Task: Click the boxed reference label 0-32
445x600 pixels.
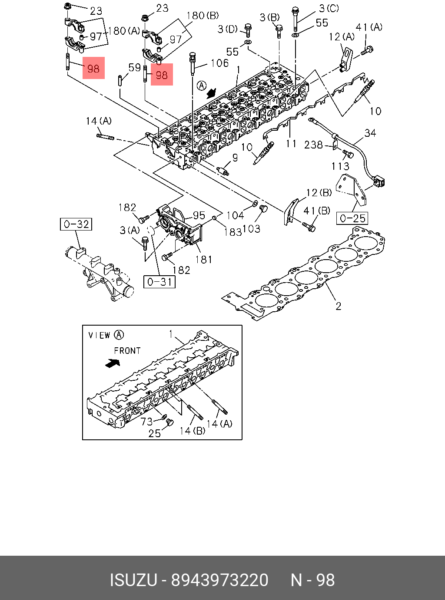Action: click(x=76, y=224)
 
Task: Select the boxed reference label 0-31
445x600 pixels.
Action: click(x=159, y=282)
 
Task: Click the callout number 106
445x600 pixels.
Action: click(x=219, y=63)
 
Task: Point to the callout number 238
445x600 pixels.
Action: click(x=313, y=145)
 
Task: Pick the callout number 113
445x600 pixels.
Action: click(x=340, y=166)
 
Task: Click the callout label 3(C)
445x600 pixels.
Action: click(x=329, y=8)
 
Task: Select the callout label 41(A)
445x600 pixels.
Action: click(x=369, y=27)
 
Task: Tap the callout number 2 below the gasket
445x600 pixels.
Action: click(x=338, y=306)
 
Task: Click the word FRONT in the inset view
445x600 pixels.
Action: click(x=127, y=350)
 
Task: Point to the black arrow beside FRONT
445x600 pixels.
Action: click(x=113, y=363)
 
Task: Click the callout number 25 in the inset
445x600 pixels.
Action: click(x=155, y=433)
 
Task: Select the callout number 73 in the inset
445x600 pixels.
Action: click(x=146, y=421)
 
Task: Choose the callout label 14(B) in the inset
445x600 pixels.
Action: click(x=193, y=431)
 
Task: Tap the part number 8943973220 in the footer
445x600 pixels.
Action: click(x=220, y=580)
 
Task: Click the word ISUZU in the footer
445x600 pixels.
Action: click(x=133, y=580)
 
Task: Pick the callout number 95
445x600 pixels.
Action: click(x=199, y=215)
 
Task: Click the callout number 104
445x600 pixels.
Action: click(x=236, y=215)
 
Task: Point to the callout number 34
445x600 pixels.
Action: click(x=370, y=133)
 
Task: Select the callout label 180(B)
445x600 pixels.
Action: click(x=203, y=16)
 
